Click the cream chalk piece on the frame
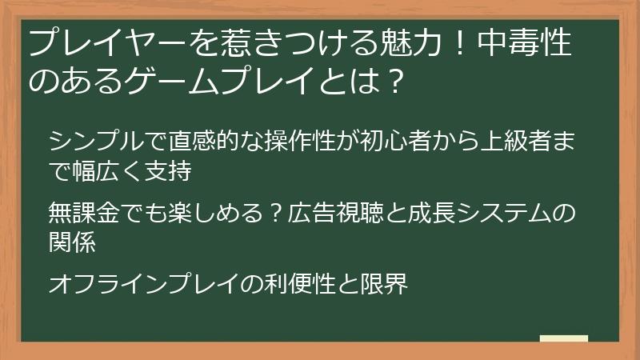point(563,338)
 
